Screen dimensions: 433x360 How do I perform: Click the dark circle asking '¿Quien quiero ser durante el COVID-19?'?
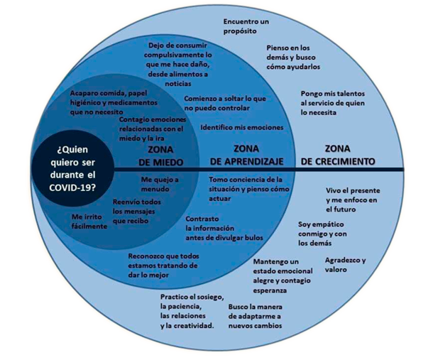click(72, 168)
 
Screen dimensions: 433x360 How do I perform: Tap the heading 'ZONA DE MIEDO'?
click(160, 156)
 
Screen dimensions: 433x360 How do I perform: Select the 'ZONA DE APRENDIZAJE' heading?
click(246, 155)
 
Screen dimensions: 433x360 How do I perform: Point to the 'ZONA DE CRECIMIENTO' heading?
click(338, 155)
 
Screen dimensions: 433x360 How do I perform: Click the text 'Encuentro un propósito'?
click(246, 26)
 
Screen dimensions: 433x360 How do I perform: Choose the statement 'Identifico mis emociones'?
click(242, 127)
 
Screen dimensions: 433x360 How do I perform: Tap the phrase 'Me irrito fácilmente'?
click(89, 222)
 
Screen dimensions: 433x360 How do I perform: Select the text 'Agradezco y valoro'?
click(345, 265)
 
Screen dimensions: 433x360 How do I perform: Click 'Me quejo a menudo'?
click(160, 185)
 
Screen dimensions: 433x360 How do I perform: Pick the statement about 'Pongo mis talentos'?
click(333, 103)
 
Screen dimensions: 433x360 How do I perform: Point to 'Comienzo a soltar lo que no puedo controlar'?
click(225, 104)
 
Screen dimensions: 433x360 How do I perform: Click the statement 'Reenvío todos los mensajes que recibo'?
click(137, 212)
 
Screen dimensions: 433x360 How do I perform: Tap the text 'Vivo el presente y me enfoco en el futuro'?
click(353, 200)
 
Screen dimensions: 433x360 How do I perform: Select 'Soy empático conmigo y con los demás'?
click(322, 234)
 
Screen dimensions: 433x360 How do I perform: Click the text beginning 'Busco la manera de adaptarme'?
click(255, 317)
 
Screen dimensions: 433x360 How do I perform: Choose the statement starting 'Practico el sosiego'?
click(192, 312)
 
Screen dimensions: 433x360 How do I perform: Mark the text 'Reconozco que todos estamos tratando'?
click(163, 266)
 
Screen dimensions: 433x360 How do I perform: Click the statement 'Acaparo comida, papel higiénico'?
click(114, 102)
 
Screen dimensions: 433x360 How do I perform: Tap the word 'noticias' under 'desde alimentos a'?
click(178, 84)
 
